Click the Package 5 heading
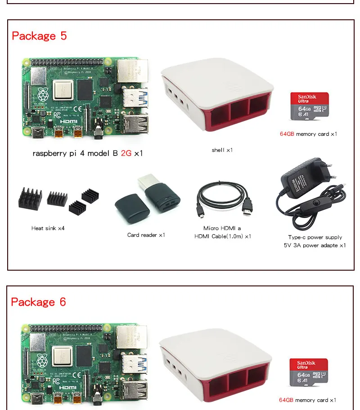(x=39, y=36)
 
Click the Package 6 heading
(x=39, y=302)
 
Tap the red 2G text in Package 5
(x=126, y=153)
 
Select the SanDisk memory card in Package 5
(x=310, y=107)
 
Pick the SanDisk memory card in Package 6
(x=308, y=373)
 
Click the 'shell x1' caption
(x=222, y=150)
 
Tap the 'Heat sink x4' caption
(x=48, y=228)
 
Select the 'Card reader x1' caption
(x=146, y=235)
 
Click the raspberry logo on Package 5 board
(x=43, y=94)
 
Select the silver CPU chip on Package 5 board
(x=63, y=90)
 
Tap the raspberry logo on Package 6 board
(x=43, y=360)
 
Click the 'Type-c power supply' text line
(x=315, y=237)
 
